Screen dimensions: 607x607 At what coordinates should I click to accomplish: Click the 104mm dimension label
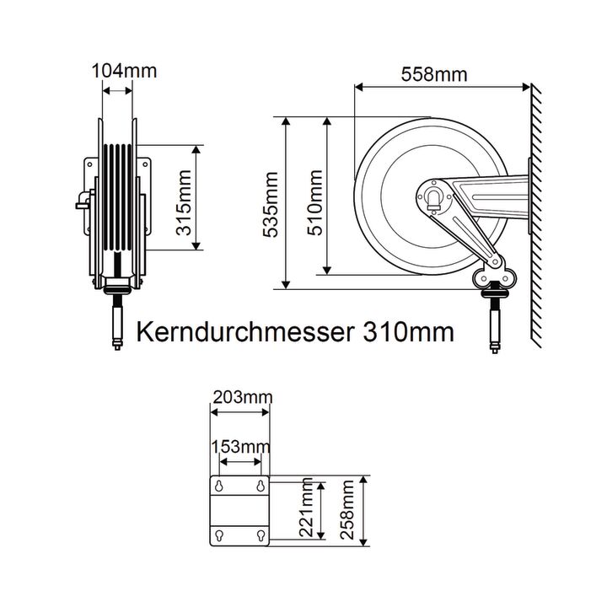tap(124, 71)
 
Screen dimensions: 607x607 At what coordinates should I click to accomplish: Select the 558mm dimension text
tap(434, 74)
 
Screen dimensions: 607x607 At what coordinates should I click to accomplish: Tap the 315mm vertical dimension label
tap(184, 202)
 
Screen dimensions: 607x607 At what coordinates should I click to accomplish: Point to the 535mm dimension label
tap(271, 204)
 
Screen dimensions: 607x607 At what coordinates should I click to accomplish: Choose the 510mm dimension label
tap(315, 202)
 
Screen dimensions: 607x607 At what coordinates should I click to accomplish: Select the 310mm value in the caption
tap(408, 332)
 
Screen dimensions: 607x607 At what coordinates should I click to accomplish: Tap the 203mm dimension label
tap(243, 397)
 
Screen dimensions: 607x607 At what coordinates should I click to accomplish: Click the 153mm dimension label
tap(240, 447)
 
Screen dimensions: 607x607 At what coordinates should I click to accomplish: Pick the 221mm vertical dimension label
tap(306, 508)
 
